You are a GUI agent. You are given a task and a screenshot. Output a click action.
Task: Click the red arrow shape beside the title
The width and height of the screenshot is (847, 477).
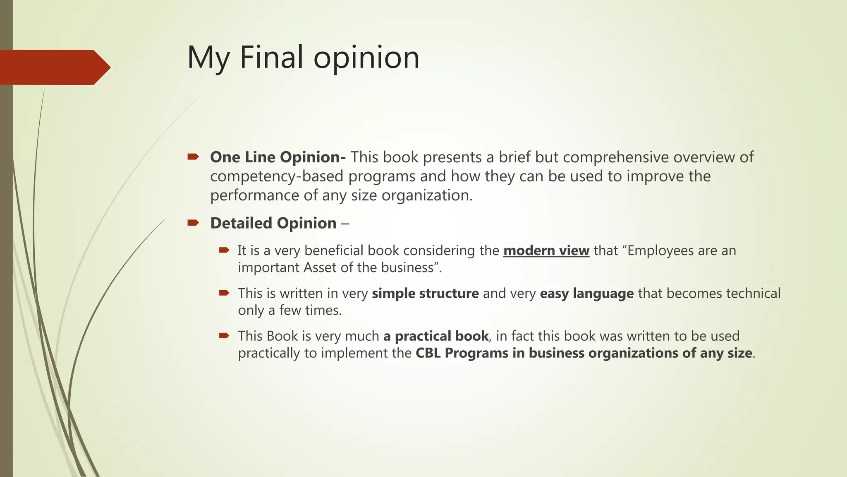click(x=54, y=67)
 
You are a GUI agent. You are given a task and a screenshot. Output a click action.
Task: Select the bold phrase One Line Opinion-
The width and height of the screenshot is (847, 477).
click(x=278, y=157)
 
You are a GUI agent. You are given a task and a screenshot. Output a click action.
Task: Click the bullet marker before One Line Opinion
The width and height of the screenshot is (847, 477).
click(x=193, y=157)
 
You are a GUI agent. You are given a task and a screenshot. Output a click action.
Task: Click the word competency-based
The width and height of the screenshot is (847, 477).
click(x=277, y=176)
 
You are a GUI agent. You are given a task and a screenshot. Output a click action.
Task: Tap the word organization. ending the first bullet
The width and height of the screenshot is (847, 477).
click(x=427, y=195)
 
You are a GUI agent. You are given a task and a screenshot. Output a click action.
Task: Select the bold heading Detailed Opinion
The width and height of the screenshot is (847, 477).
click(x=273, y=223)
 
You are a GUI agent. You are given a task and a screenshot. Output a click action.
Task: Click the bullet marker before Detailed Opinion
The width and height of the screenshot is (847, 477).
click(x=193, y=223)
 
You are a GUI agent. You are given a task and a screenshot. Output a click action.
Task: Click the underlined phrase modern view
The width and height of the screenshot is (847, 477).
click(x=546, y=251)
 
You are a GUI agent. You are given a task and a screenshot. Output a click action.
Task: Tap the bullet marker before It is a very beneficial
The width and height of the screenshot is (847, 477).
click(x=224, y=250)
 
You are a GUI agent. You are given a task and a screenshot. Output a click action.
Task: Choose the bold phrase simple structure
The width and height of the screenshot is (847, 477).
click(x=425, y=293)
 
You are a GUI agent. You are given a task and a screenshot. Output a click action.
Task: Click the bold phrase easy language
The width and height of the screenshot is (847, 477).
click(x=586, y=293)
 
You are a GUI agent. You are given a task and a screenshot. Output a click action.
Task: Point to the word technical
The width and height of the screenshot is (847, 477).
click(x=753, y=293)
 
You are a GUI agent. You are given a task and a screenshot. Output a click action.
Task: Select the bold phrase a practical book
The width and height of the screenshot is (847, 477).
click(x=436, y=336)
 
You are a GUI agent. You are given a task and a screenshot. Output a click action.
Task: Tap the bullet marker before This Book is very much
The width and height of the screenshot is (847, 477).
click(x=224, y=336)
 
